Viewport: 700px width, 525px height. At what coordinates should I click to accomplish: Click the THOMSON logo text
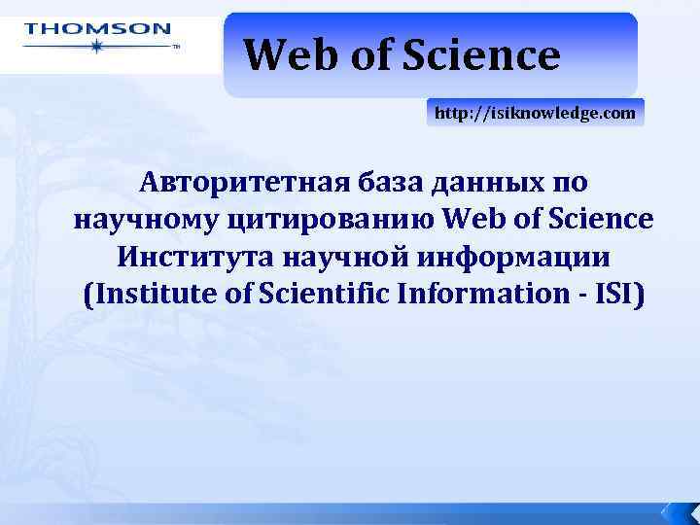(x=97, y=29)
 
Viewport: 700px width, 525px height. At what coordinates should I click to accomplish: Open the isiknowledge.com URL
(x=535, y=114)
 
